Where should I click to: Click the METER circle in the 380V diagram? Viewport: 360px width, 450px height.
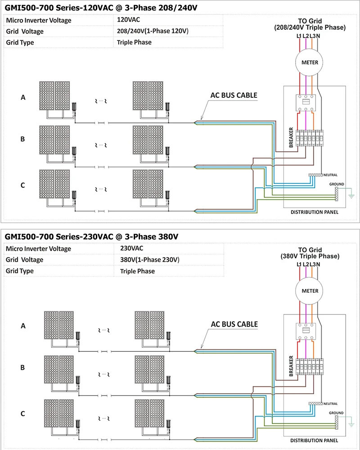(x=309, y=291)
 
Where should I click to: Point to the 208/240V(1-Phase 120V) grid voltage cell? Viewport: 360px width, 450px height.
(x=152, y=32)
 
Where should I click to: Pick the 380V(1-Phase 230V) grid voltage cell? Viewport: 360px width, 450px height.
(x=150, y=260)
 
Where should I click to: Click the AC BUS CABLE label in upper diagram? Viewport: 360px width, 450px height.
(x=234, y=95)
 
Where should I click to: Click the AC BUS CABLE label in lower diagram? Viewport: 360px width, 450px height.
(x=234, y=324)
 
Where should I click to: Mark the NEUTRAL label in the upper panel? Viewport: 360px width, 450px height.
(x=330, y=175)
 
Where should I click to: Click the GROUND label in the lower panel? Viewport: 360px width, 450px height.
(x=337, y=413)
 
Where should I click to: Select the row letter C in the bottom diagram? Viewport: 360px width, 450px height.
(x=22, y=413)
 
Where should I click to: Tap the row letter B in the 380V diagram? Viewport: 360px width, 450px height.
(x=22, y=368)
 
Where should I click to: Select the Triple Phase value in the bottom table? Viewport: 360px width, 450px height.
(x=137, y=271)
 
